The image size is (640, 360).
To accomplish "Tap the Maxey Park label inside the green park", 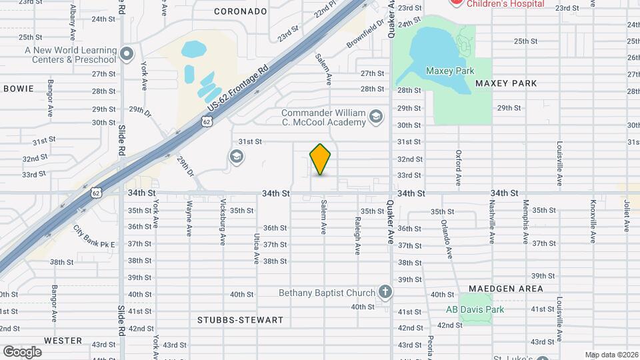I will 450,70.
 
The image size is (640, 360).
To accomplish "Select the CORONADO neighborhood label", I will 241,11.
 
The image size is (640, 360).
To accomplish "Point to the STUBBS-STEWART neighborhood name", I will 240,320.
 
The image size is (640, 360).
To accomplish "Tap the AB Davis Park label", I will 475,309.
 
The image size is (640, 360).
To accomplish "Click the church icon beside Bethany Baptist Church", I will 385,291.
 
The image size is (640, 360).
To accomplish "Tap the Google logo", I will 22,351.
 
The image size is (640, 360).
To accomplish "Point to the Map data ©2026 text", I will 610,355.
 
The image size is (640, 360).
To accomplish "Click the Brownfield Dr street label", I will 366,33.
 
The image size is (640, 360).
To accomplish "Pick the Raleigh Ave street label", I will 358,235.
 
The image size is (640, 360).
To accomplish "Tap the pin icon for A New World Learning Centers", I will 127,53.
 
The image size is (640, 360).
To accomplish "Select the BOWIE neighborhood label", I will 19,89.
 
